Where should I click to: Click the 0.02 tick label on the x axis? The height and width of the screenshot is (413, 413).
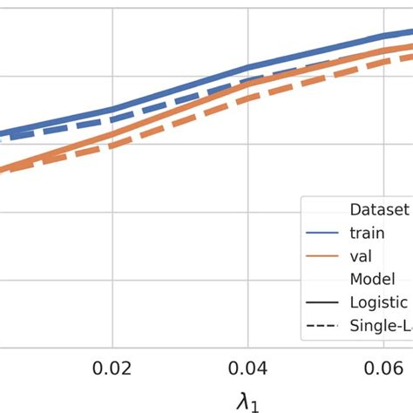click(x=112, y=368)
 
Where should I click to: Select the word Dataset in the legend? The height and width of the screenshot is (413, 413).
click(x=379, y=209)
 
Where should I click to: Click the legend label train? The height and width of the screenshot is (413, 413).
click(x=367, y=233)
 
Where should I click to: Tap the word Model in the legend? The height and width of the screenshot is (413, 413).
click(x=374, y=279)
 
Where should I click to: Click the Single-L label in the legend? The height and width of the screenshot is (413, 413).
click(x=380, y=326)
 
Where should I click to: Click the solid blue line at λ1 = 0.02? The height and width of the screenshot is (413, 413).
click(x=112, y=110)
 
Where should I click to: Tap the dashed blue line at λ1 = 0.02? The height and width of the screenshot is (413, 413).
click(x=112, y=119)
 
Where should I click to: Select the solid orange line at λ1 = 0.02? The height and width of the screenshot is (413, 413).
click(x=112, y=133)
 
